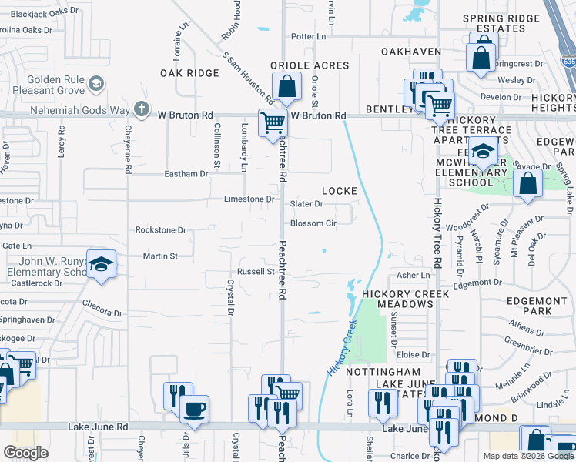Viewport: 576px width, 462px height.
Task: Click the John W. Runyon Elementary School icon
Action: [100, 266]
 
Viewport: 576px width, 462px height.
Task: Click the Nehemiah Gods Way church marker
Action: [139, 109]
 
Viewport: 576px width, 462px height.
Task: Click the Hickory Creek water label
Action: [344, 347]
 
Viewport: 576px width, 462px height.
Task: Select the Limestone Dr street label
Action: [249, 199]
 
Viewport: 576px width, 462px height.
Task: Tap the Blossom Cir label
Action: [313, 224]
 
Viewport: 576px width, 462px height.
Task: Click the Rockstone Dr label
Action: [161, 229]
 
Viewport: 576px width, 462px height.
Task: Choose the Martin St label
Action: [161, 256]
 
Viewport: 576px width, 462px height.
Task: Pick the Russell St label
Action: [256, 272]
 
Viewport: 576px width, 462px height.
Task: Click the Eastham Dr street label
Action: [186, 174]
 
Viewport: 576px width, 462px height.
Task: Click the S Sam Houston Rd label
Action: [248, 79]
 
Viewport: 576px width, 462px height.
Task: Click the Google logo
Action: [25, 453]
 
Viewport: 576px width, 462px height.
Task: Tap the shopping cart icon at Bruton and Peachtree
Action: [272, 122]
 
